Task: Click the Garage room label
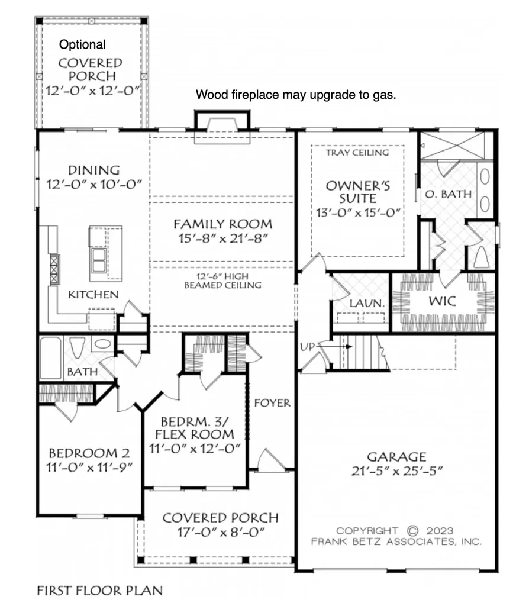click(x=396, y=457)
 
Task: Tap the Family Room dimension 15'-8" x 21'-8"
click(x=223, y=239)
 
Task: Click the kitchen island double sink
click(x=99, y=260)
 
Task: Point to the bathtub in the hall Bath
click(x=51, y=358)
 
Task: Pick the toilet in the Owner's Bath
click(x=481, y=257)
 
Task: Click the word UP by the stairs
click(x=308, y=347)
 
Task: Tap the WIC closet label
click(x=442, y=301)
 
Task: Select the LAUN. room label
click(x=367, y=304)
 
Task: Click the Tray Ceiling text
click(x=357, y=153)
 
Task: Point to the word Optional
click(x=82, y=45)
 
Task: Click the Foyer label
click(x=272, y=403)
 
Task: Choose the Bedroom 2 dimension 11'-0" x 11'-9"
click(x=89, y=468)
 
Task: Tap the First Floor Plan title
click(x=99, y=591)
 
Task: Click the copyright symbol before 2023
click(x=412, y=531)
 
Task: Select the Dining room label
click(x=94, y=170)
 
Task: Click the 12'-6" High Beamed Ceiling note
click(x=223, y=281)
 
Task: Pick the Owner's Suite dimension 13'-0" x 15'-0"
click(x=358, y=213)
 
